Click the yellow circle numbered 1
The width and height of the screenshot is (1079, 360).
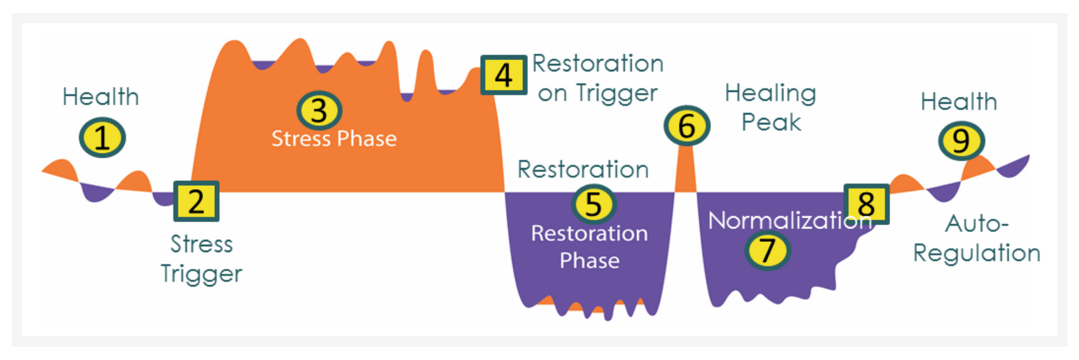(x=102, y=138)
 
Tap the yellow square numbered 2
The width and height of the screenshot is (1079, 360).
(x=196, y=201)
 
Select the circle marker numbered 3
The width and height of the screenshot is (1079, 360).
(x=319, y=110)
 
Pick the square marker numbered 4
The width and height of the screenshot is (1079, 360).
(x=503, y=75)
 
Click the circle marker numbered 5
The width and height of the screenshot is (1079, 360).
(x=593, y=204)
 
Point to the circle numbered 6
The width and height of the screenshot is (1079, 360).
(x=686, y=125)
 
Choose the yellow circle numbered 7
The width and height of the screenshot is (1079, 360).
(x=767, y=250)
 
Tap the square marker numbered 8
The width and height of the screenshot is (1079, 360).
(x=866, y=204)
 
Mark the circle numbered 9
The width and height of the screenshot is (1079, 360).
(x=961, y=141)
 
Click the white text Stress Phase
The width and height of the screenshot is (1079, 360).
(x=334, y=139)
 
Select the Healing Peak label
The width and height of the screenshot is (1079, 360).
(x=770, y=107)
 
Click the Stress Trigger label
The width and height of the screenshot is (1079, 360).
(x=201, y=259)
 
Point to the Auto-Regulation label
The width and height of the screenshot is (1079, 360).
(x=976, y=238)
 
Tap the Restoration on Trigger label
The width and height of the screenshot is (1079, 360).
(x=598, y=78)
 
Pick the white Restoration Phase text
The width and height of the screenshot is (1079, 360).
(x=589, y=247)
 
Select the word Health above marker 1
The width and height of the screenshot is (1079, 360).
(x=101, y=97)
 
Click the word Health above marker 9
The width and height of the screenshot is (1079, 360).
(x=959, y=101)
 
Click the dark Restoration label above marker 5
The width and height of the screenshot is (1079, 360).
(x=583, y=169)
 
